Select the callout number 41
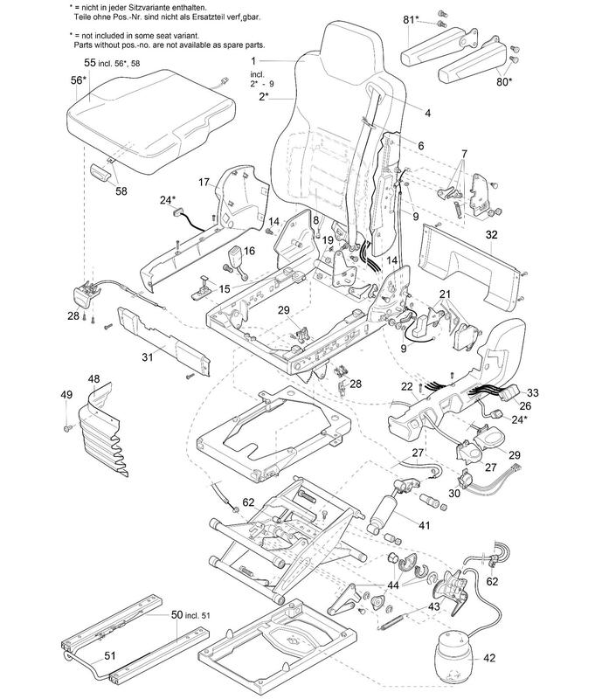point(425,526)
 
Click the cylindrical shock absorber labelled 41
point(385,511)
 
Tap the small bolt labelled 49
point(67,428)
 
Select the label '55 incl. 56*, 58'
point(123,64)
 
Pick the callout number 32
point(491,235)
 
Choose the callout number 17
point(203,182)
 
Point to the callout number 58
point(121,190)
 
